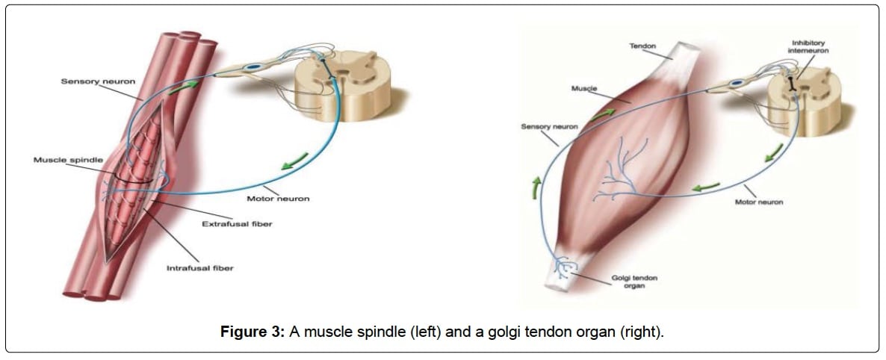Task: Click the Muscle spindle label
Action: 69,160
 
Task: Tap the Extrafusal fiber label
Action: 238,224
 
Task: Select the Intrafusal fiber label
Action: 199,268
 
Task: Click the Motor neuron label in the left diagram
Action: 278,199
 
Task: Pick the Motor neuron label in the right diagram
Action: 758,202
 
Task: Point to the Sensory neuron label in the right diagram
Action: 549,126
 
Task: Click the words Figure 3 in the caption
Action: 253,331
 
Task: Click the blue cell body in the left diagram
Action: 255,67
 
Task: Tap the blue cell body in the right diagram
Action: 736,84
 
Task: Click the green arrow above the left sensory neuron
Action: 185,87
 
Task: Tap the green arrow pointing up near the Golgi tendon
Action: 535,188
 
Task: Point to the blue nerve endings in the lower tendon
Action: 565,266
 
